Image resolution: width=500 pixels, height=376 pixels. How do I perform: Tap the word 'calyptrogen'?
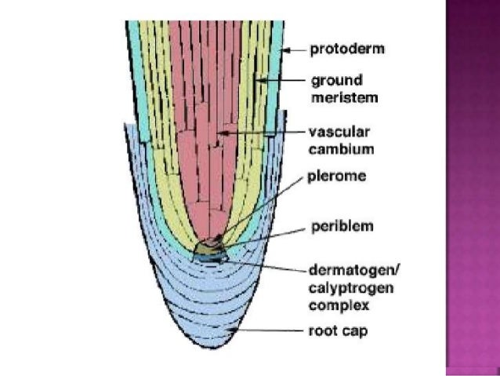pyautogui.click(x=338, y=287)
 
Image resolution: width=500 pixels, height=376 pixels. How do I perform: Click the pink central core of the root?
pyautogui.click(x=200, y=118)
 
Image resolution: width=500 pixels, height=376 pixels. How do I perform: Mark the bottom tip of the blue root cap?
pyautogui.click(x=211, y=360)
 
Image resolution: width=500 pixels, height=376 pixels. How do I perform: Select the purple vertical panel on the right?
pyautogui.click(x=472, y=188)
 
